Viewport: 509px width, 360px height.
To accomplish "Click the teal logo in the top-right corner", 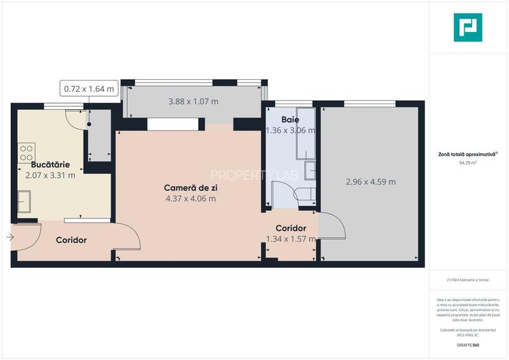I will pyautogui.click(x=467, y=27).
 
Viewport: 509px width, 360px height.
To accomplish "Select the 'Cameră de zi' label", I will pyautogui.click(x=190, y=187).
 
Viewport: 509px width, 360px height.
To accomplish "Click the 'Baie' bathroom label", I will pyautogui.click(x=290, y=119).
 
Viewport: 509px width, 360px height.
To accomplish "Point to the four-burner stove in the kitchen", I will pyautogui.click(x=26, y=153).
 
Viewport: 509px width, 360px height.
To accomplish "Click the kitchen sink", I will pyautogui.click(x=24, y=201).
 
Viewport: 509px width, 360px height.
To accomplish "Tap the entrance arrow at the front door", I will pyautogui.click(x=10, y=237).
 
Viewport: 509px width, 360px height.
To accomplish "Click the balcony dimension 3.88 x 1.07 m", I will pyautogui.click(x=193, y=102).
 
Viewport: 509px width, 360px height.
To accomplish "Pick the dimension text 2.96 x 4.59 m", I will pyautogui.click(x=370, y=182).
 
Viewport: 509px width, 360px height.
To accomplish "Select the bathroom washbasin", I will pyautogui.click(x=309, y=171).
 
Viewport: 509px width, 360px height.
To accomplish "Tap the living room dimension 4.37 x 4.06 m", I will pyautogui.click(x=190, y=198).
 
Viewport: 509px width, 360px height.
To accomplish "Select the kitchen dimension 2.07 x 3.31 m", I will pyautogui.click(x=51, y=175).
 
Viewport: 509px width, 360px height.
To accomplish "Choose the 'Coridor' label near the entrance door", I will pyautogui.click(x=71, y=240).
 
